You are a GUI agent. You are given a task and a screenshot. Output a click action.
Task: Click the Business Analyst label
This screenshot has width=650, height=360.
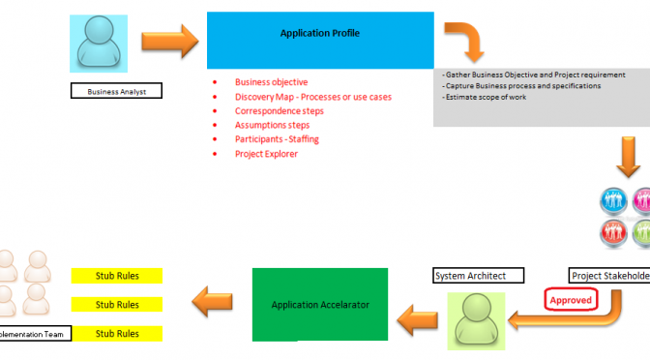click(116, 92)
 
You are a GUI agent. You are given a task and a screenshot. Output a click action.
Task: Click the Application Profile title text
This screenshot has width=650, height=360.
click(319, 33)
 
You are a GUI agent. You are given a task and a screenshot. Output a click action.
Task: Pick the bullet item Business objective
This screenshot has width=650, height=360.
click(271, 82)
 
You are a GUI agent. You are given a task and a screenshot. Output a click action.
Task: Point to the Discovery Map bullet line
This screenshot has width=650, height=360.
click(312, 97)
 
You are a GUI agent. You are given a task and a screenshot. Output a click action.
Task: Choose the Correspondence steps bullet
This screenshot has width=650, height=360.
click(279, 111)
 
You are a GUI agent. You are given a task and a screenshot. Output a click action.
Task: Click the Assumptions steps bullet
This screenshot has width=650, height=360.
click(273, 125)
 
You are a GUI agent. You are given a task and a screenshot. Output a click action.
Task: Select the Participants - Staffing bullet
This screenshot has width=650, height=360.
click(277, 139)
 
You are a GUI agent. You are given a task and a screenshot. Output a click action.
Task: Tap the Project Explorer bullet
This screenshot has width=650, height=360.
click(266, 153)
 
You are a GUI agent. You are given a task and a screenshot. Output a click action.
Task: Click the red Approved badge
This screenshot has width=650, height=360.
click(571, 300)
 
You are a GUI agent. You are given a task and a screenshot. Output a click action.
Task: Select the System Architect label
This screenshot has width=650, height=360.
click(476, 276)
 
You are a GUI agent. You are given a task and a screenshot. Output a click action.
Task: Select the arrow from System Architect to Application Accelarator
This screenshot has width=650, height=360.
click(418, 313)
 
